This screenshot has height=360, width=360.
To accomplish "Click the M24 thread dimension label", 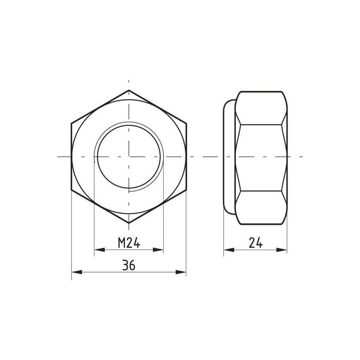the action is pyautogui.click(x=129, y=243).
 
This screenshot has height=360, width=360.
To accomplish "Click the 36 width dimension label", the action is pyautogui.click(x=129, y=265).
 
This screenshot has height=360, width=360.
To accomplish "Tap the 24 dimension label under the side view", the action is pyautogui.click(x=256, y=243).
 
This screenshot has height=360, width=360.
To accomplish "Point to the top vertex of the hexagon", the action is pyautogui.click(x=129, y=90).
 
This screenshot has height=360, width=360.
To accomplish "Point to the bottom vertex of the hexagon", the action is pyautogui.click(x=129, y=223).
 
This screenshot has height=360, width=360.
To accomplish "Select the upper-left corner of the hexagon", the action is pyautogui.click(x=72, y=123).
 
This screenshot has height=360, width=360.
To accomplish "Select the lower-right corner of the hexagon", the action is pyautogui.click(x=186, y=190).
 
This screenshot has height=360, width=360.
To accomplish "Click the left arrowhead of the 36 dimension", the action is pyautogui.click(x=76, y=272).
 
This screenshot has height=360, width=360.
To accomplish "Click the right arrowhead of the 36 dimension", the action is pyautogui.click(x=181, y=272).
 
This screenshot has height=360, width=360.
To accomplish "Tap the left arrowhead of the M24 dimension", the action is pyautogui.click(x=99, y=250).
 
